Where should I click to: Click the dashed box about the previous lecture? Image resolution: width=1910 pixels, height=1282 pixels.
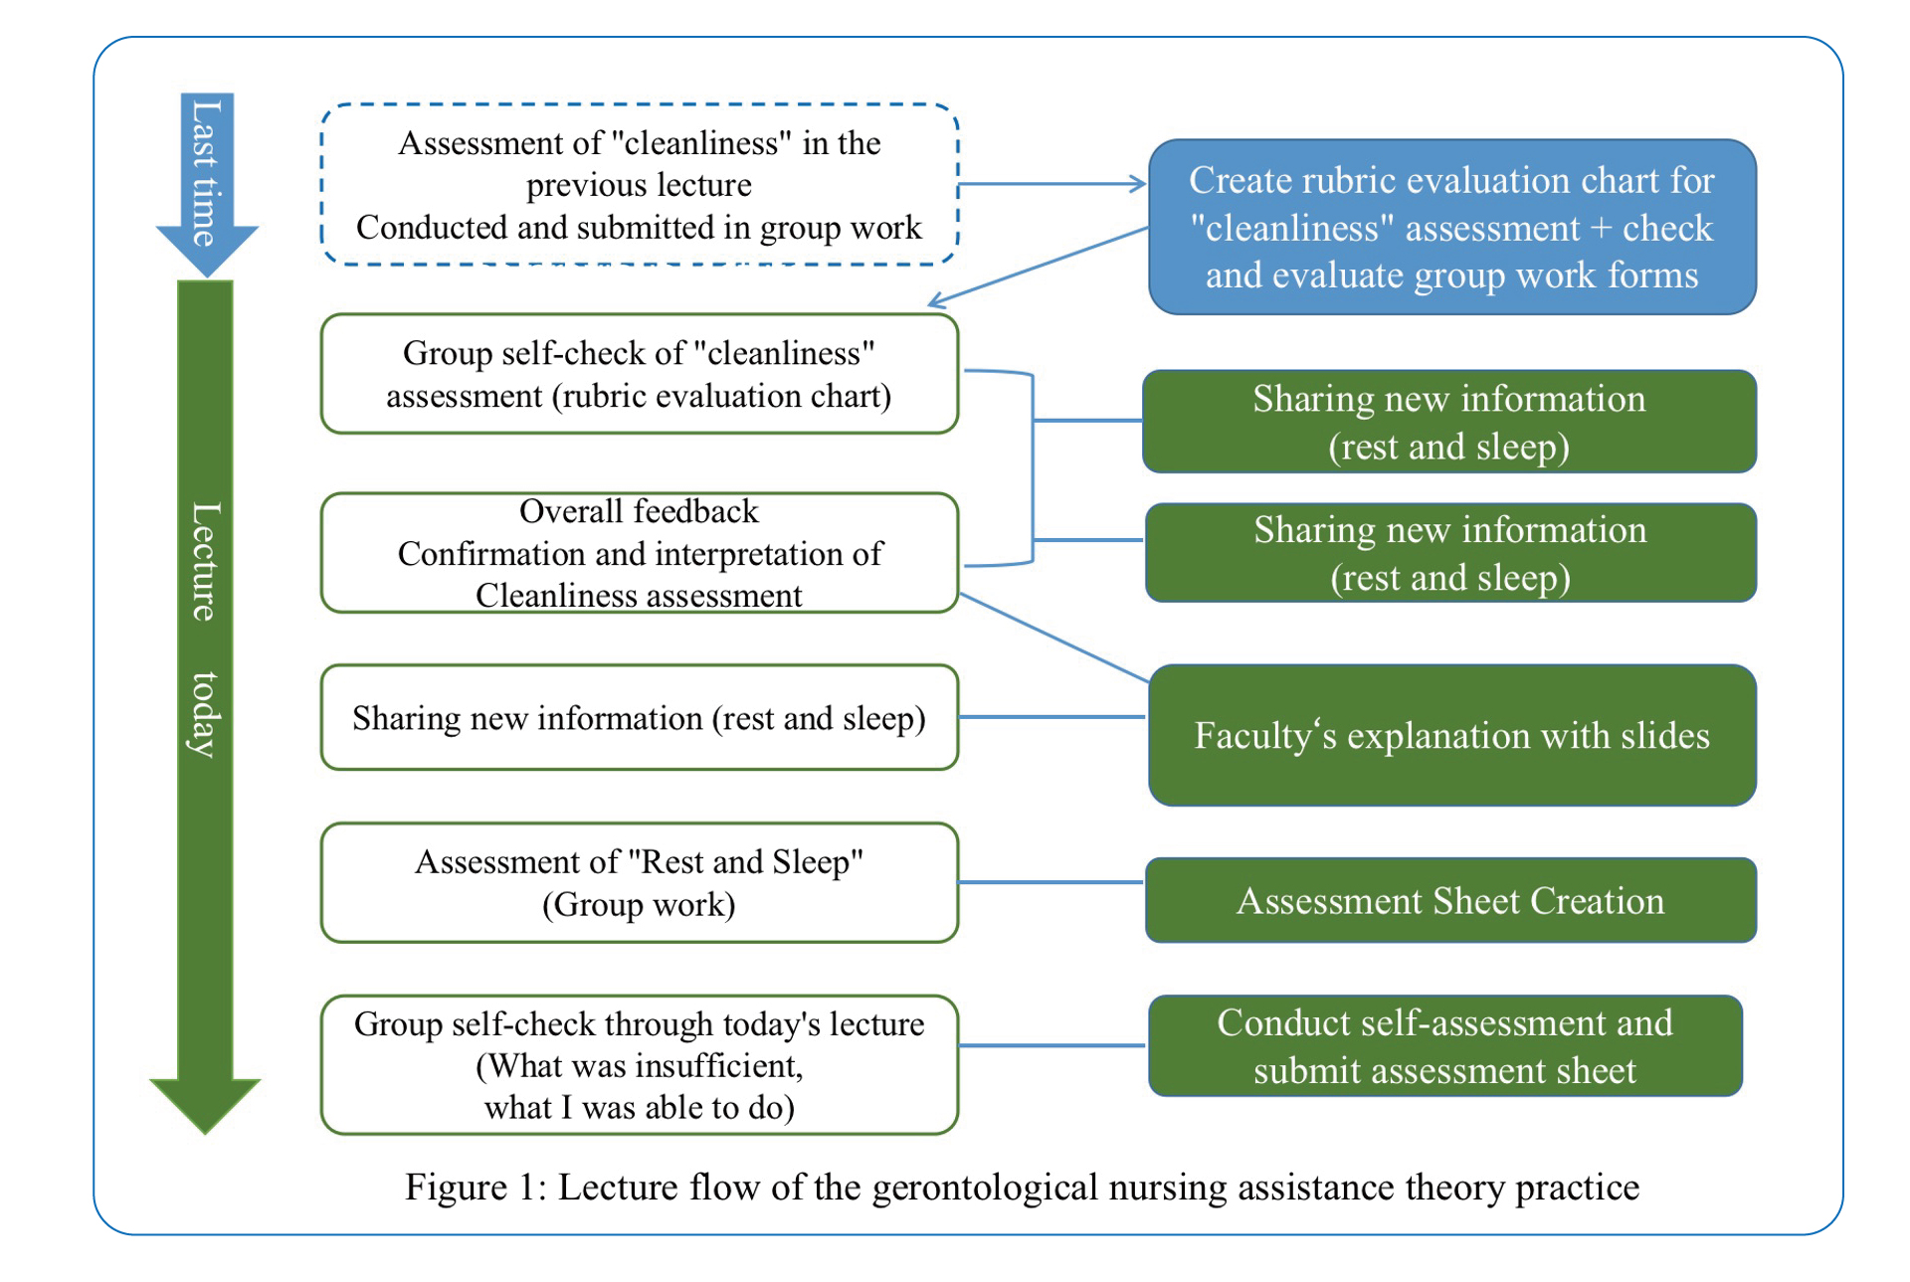tap(639, 185)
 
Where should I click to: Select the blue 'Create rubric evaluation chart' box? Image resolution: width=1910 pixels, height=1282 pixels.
tap(1451, 228)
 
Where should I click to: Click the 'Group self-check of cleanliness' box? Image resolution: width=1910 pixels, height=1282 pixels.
tap(639, 375)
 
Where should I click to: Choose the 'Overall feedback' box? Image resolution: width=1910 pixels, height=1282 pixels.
tap(639, 553)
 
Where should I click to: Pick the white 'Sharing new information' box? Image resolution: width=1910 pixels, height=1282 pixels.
tap(639, 718)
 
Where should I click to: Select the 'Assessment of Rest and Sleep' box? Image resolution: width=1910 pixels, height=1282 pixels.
tap(639, 883)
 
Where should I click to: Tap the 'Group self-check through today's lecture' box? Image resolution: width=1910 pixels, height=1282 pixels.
tap(639, 1065)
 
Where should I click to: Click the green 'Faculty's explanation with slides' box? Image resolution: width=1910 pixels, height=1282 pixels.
tap(1451, 736)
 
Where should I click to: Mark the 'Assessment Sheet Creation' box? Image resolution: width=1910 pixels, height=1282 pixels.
tap(1450, 901)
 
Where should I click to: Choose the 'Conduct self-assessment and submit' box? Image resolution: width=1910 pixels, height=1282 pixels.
tap(1444, 1046)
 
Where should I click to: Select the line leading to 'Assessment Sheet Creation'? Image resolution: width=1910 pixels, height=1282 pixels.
tap(1050, 882)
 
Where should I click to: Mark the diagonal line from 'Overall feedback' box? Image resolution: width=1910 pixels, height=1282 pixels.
tap(1054, 639)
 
